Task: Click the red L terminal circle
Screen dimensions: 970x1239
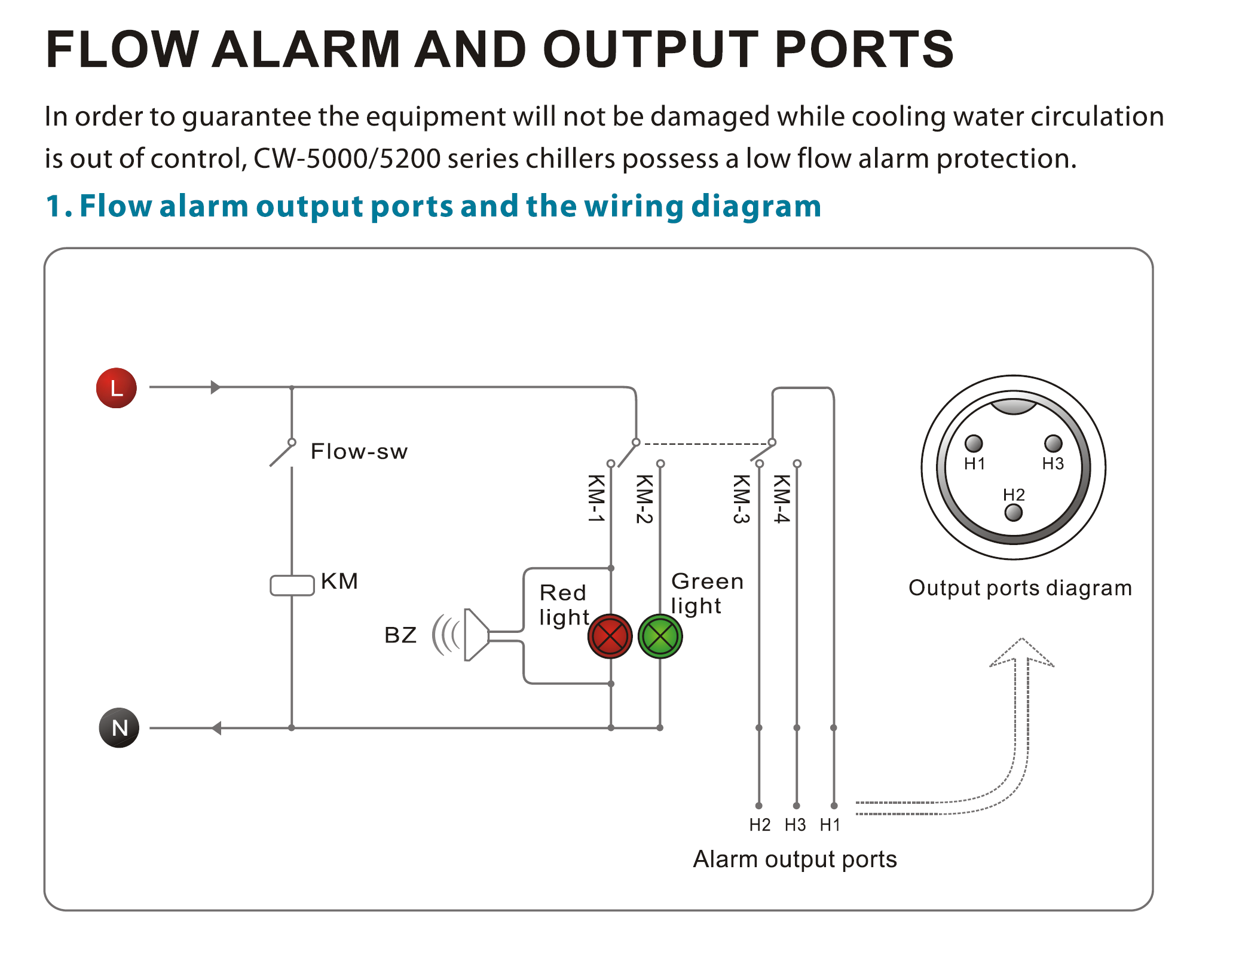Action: click(x=117, y=388)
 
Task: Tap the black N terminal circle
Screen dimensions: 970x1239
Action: click(x=119, y=727)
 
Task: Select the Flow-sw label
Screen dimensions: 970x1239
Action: click(x=359, y=451)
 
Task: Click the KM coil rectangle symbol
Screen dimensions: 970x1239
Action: click(x=292, y=585)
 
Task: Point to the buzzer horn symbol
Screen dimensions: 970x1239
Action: click(x=475, y=635)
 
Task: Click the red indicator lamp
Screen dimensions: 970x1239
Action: click(x=610, y=636)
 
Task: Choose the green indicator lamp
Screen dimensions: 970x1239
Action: click(x=660, y=636)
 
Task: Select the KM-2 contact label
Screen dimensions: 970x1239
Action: click(x=644, y=499)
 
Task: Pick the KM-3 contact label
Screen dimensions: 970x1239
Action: click(x=741, y=499)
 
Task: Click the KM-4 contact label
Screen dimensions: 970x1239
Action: click(x=782, y=498)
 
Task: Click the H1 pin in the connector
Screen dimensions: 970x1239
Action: click(x=974, y=443)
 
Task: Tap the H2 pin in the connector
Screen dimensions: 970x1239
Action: click(x=1014, y=512)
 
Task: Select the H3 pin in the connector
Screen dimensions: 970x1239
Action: click(x=1053, y=443)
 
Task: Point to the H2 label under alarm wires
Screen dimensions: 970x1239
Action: click(x=760, y=825)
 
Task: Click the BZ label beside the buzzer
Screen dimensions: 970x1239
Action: click(x=400, y=635)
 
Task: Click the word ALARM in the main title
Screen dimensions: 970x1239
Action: click(x=306, y=49)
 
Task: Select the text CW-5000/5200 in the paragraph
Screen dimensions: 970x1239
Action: click(x=347, y=158)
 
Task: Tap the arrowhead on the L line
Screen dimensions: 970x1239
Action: click(x=216, y=387)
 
